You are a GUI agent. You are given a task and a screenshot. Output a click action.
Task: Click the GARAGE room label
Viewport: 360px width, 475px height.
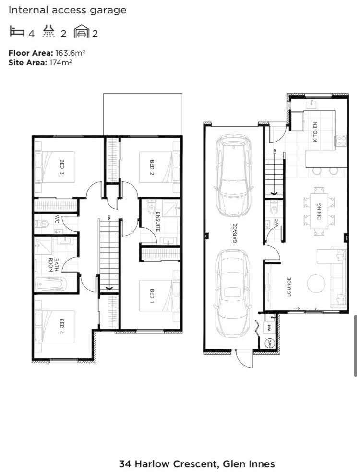tap(235, 233)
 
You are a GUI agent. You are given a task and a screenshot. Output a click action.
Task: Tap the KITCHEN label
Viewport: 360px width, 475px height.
tap(315, 132)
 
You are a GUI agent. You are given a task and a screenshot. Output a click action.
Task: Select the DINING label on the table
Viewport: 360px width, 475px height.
tap(319, 212)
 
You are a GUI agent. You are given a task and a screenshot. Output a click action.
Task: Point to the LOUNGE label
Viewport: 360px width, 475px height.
tap(289, 286)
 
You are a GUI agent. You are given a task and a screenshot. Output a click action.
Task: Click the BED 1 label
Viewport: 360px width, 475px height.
tap(152, 296)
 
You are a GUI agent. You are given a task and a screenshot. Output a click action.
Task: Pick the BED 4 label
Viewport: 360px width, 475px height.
tap(62, 326)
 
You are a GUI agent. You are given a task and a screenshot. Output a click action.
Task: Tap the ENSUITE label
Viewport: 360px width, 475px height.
tap(158, 222)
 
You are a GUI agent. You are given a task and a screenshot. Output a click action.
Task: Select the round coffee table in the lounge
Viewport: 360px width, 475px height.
tap(316, 283)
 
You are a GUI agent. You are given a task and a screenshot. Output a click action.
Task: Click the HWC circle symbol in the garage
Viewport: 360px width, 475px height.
tap(269, 343)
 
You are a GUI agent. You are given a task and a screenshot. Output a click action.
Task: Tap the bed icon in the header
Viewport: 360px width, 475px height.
tap(17, 32)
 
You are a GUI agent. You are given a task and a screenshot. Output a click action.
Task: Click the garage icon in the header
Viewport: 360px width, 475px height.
tap(81, 32)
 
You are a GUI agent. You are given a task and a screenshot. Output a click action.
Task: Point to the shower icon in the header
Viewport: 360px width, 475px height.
tap(49, 31)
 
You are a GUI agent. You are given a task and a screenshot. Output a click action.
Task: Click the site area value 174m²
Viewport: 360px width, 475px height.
tap(60, 63)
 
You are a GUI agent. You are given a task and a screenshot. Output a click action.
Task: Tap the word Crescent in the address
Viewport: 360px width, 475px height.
tap(195, 464)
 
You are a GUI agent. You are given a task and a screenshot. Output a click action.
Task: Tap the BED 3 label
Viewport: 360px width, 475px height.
tap(62, 167)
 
